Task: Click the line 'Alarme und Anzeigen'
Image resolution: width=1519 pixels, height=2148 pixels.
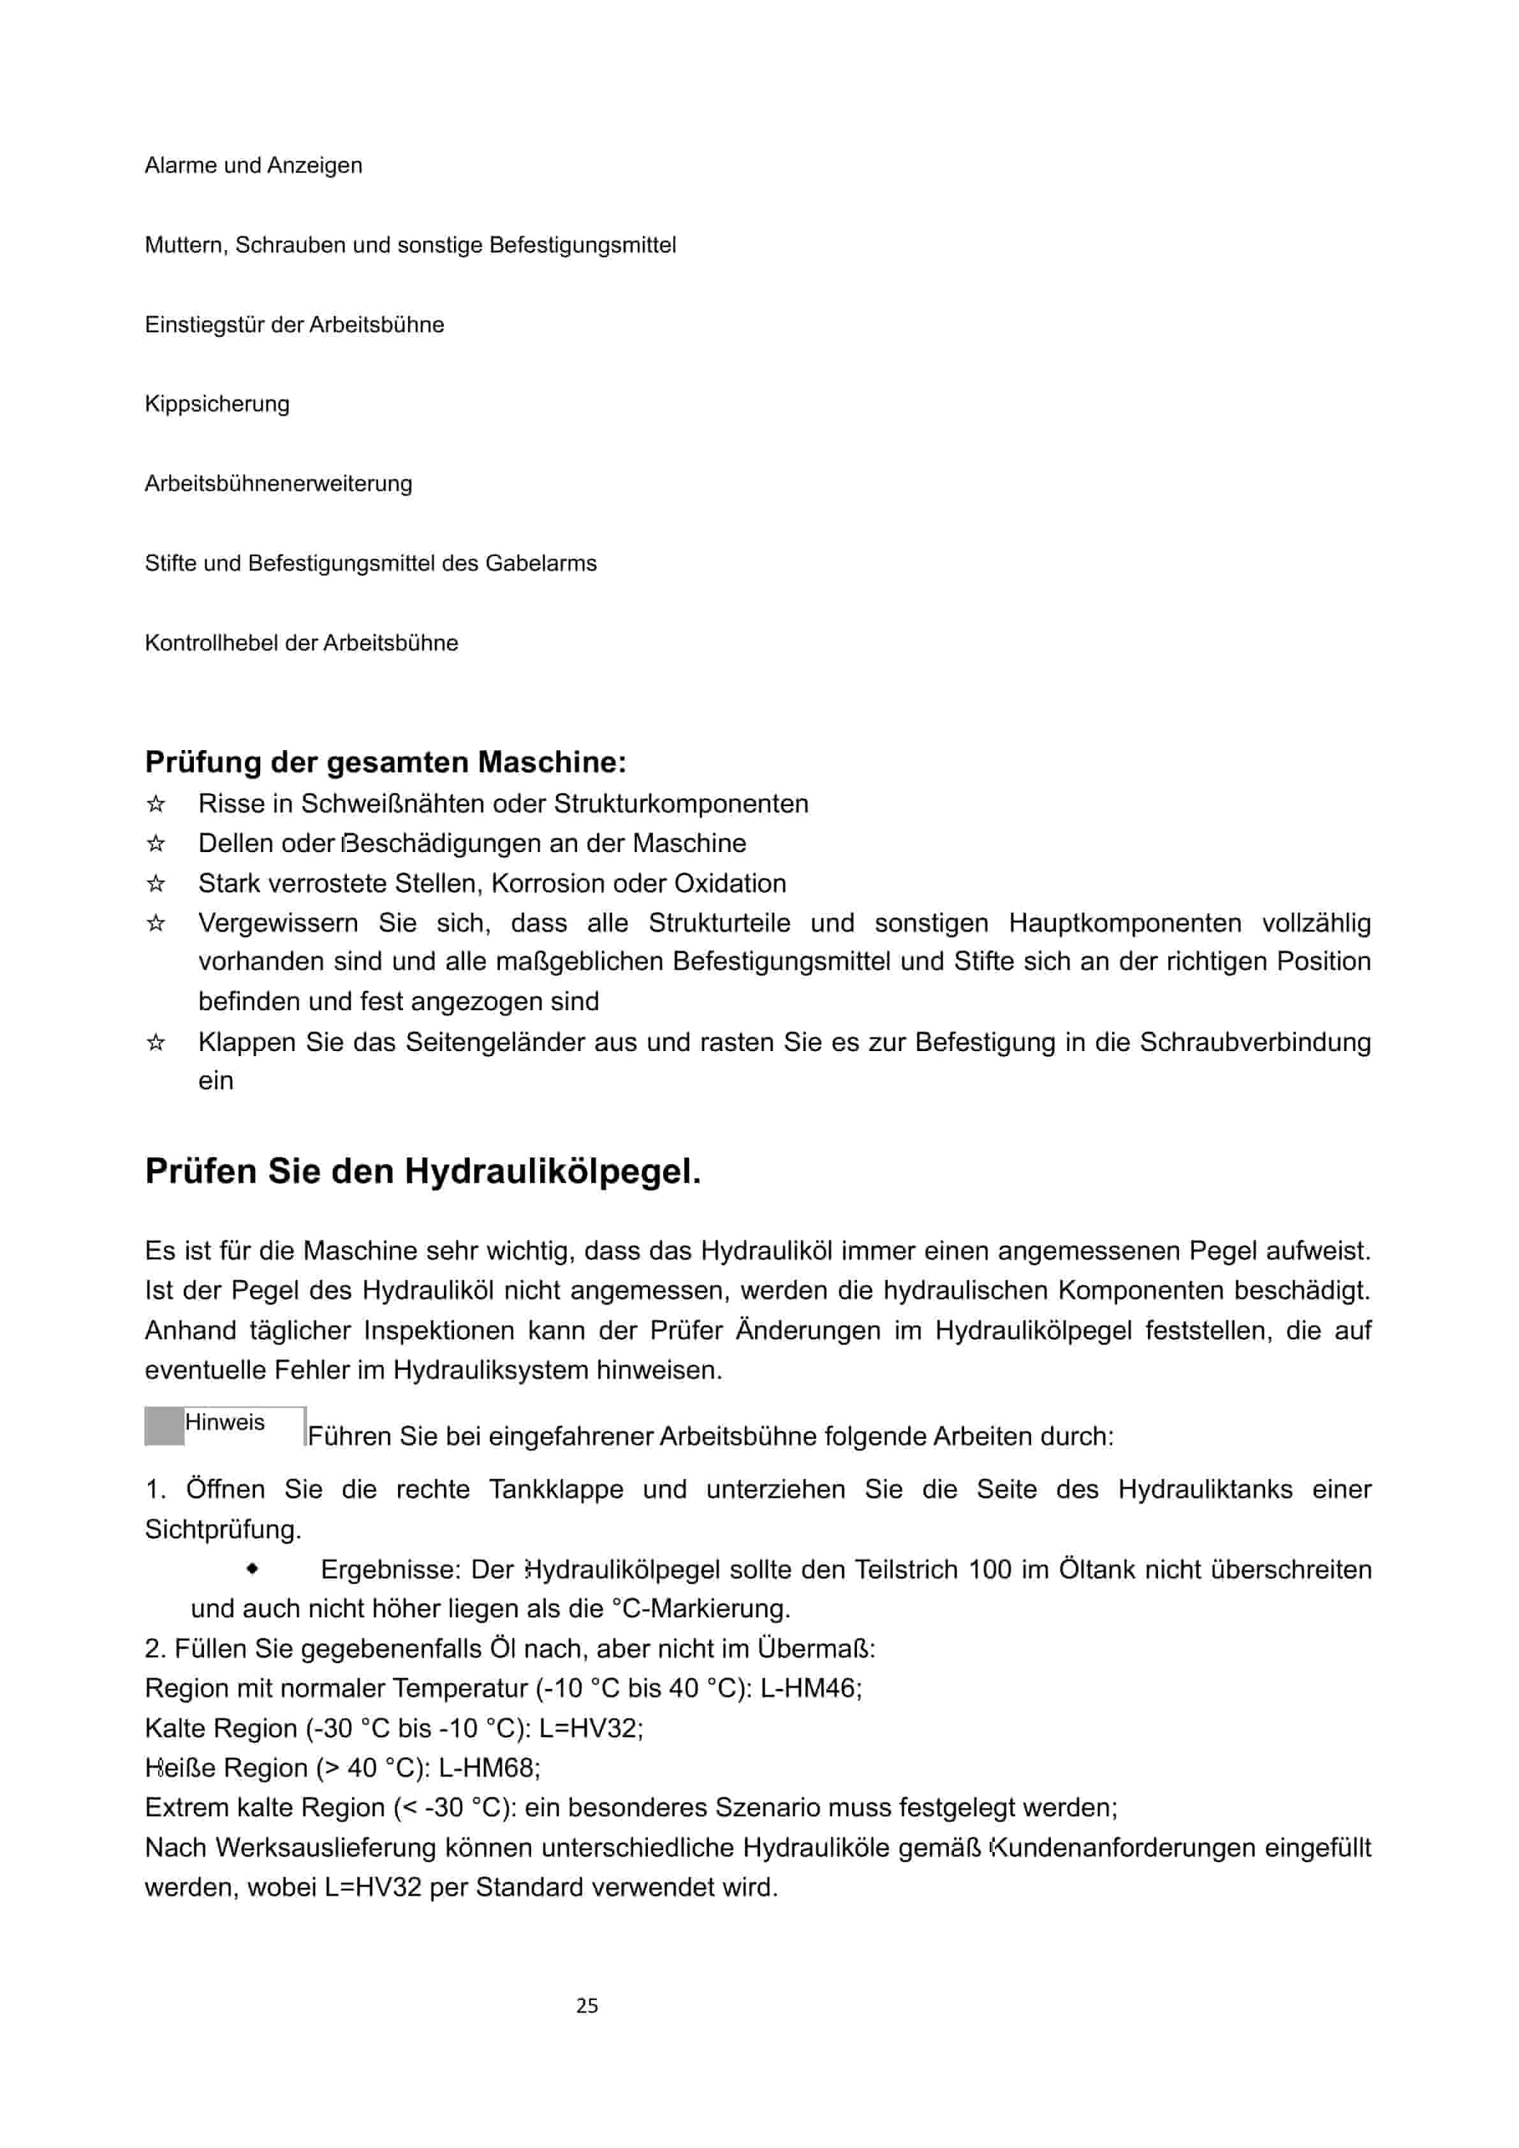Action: (x=253, y=166)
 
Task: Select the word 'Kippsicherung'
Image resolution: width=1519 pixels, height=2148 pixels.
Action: (x=217, y=404)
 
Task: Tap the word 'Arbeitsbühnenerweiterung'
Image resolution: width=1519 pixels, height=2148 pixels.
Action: (x=278, y=483)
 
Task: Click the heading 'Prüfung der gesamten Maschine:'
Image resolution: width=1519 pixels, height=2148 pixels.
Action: (x=385, y=763)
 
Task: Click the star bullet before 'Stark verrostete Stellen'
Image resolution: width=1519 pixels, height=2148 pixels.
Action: (x=156, y=883)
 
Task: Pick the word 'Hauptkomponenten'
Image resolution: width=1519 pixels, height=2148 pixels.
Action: (x=1124, y=923)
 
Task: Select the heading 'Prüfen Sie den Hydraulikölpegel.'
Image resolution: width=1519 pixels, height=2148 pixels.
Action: (x=423, y=1172)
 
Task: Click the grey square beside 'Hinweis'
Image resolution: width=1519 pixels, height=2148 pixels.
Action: (x=165, y=1427)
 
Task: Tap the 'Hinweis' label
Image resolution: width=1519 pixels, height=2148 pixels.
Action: (x=224, y=1423)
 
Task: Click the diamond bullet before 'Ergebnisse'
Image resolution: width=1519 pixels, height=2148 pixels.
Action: (x=253, y=1569)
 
